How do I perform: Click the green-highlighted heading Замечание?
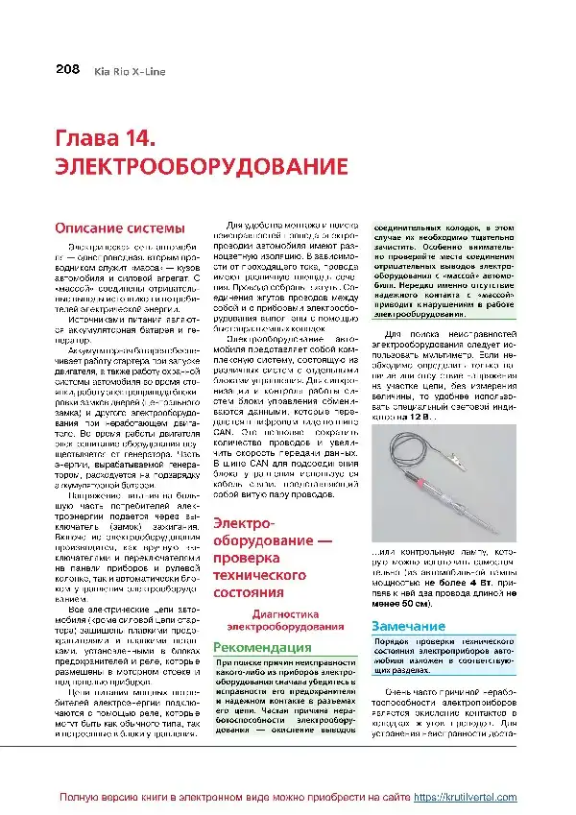tap(406, 626)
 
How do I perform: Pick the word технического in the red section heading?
tap(260, 575)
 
